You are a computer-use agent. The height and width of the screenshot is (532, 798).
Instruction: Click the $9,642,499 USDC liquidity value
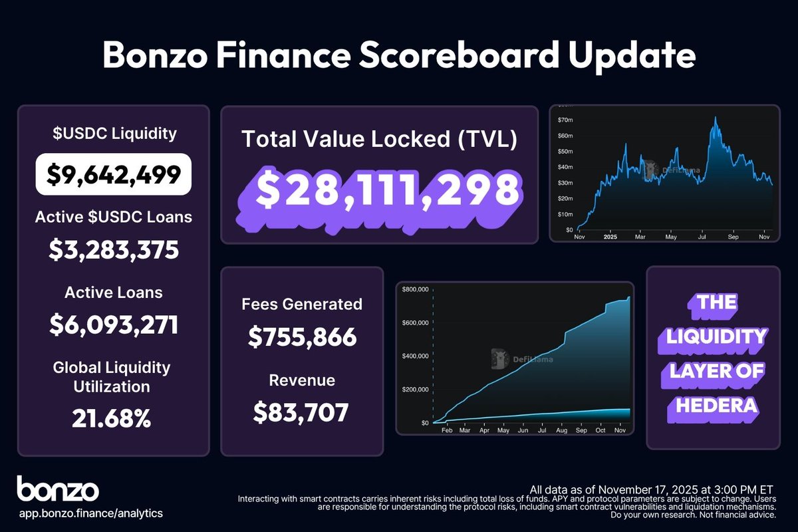pos(114,174)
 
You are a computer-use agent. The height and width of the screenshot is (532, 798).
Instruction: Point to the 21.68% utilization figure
pos(114,419)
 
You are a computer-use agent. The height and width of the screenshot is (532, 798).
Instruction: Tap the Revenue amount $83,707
pos(301,413)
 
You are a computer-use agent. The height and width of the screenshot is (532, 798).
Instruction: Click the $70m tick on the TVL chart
pos(564,120)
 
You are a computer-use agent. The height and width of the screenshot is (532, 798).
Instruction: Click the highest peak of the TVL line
pos(716,118)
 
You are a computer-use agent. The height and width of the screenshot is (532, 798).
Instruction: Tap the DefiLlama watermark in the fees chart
pos(523,358)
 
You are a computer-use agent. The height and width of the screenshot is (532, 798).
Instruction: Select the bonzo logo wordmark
pos(58,489)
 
